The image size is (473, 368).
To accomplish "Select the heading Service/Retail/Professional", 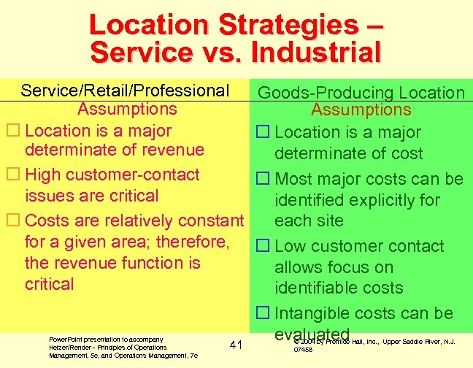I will (x=125, y=91).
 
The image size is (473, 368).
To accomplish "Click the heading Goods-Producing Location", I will (x=362, y=93).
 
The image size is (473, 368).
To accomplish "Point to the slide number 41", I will (x=235, y=344).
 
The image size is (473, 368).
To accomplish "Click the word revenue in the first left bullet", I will (x=175, y=150).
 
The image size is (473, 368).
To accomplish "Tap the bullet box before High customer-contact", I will (x=11, y=175).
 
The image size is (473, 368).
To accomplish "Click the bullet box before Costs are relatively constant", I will (x=11, y=221).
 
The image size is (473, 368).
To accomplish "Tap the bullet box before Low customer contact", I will (x=263, y=247).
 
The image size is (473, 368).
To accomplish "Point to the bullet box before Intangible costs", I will (x=263, y=314).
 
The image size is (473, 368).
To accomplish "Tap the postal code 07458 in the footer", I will (x=301, y=350).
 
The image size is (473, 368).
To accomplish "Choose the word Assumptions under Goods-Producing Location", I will (x=361, y=110).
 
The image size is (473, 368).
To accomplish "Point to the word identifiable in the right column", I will (x=339, y=288).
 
